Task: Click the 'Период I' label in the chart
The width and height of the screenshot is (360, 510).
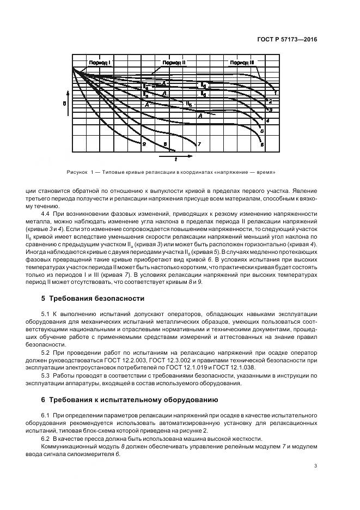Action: click(100, 63)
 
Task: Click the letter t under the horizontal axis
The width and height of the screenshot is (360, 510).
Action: click(175, 160)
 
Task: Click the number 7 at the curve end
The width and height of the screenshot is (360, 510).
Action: click(199, 144)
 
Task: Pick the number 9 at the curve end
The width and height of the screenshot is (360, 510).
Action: click(144, 144)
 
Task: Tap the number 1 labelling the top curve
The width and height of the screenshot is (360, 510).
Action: click(276, 93)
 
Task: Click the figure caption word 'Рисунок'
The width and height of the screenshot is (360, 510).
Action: click(76, 173)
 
